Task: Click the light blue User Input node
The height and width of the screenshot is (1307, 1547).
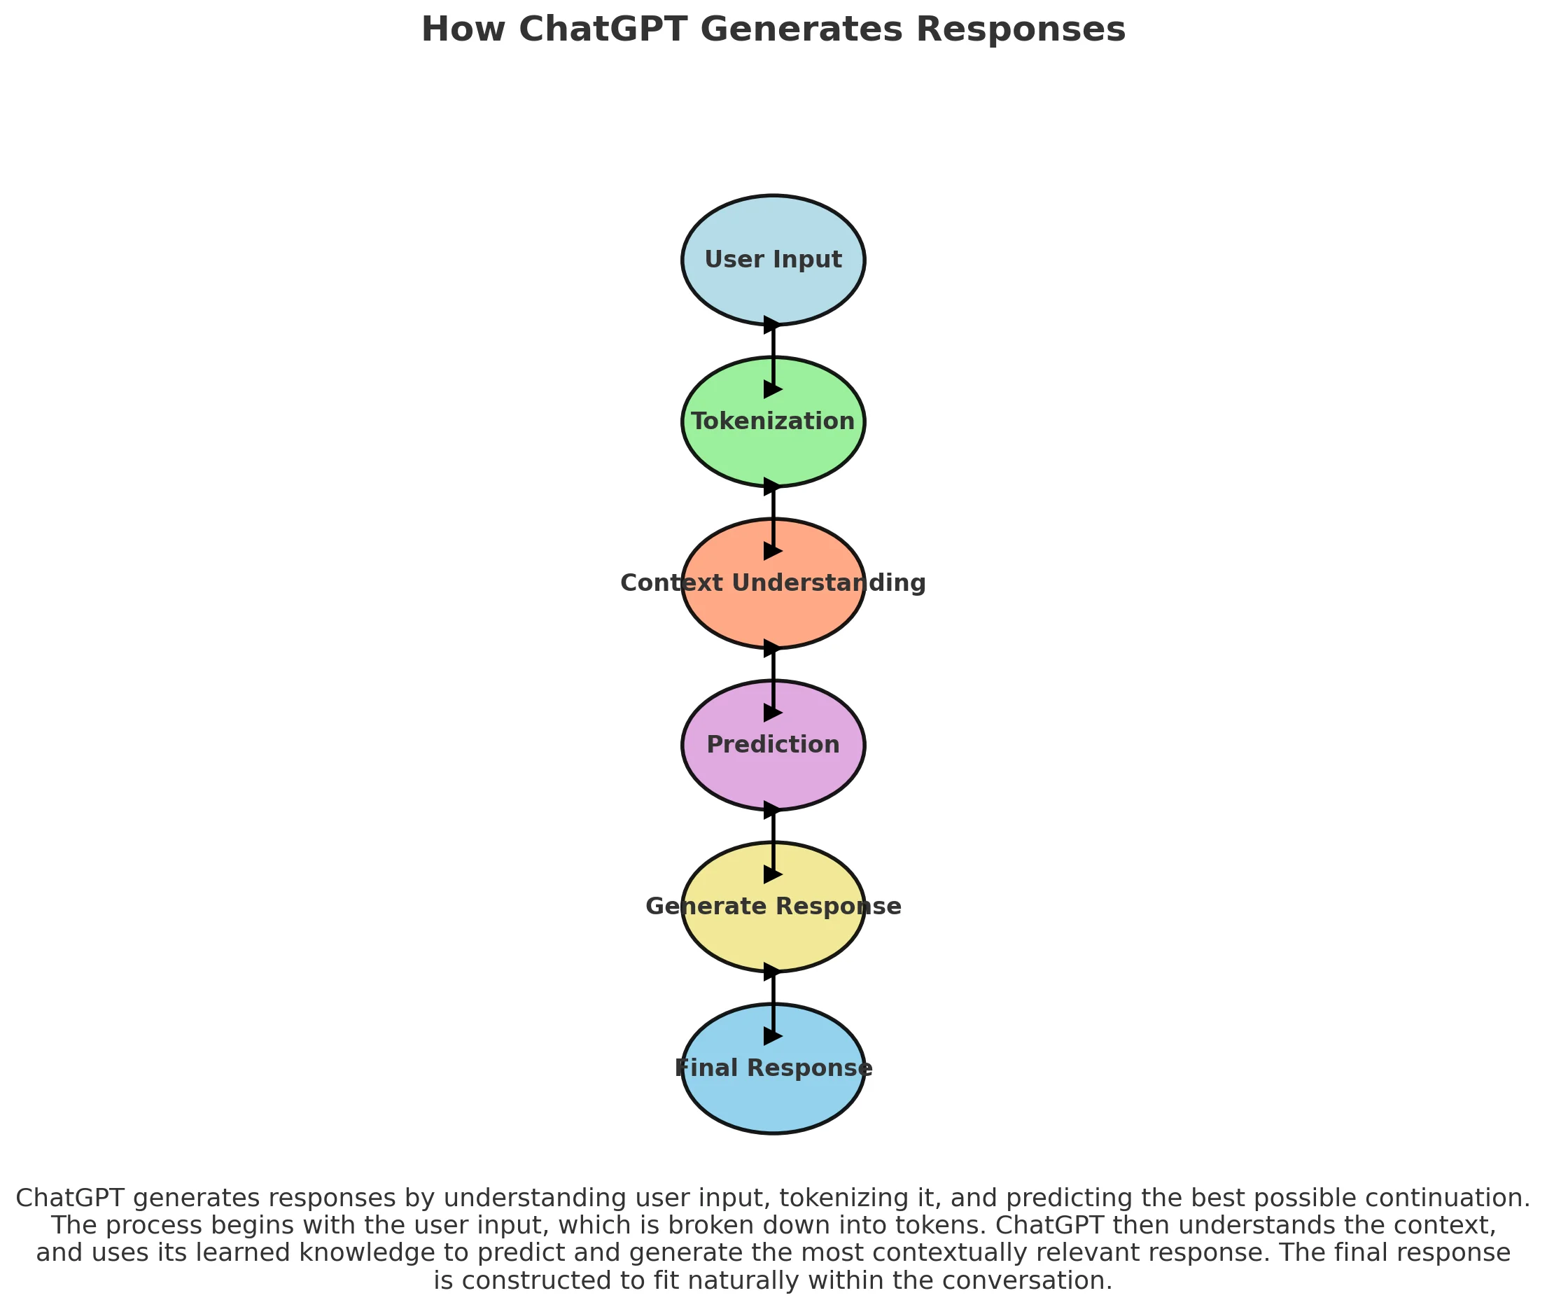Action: (x=773, y=285)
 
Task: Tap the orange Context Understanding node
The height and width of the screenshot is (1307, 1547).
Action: (x=773, y=615)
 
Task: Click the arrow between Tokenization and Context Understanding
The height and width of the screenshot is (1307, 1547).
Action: (x=773, y=519)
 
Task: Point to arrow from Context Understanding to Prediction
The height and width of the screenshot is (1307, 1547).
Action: (x=773, y=680)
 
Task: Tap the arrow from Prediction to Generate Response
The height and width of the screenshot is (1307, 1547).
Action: (x=773, y=841)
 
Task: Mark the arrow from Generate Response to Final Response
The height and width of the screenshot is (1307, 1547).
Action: (x=773, y=1003)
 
